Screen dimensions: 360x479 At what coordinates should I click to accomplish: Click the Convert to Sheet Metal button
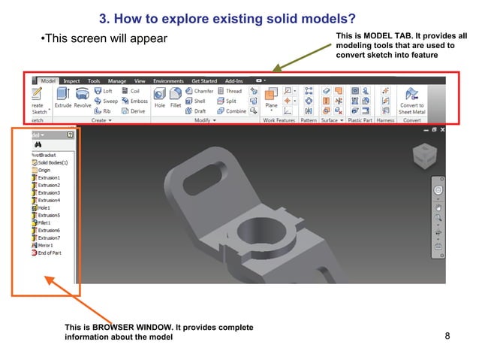411,99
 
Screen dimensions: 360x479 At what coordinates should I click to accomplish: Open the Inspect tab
71,80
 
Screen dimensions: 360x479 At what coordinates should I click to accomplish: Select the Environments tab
167,80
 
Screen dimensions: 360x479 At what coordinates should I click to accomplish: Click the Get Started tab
203,80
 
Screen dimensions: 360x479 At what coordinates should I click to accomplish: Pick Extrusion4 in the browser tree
49,200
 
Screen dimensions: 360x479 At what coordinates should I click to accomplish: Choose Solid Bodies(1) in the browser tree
52,162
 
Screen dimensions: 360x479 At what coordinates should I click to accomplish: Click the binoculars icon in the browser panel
38,144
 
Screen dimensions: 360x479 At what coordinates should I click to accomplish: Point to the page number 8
447,335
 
